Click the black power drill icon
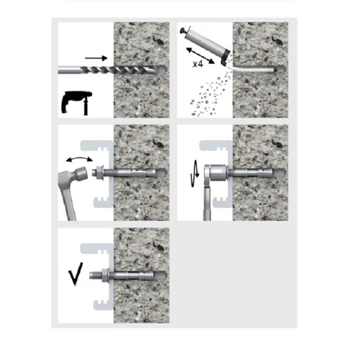(76, 102)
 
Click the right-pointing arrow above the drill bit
(96, 58)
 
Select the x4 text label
(198, 64)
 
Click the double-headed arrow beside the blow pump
(200, 55)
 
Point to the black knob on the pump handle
(184, 30)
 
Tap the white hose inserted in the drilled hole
(252, 69)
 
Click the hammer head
(82, 174)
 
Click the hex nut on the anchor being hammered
(99, 173)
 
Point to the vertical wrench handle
(207, 201)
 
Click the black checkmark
(76, 274)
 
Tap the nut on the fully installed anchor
(105, 275)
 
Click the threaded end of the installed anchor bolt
(96, 275)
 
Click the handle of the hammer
(66, 197)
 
